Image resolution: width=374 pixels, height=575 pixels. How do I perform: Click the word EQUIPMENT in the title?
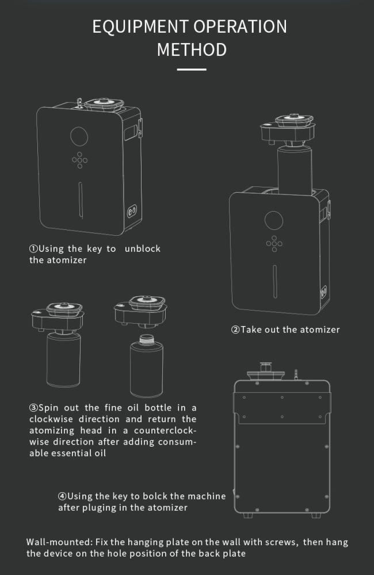coord(140,27)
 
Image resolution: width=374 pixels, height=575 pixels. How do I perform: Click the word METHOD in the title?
coord(192,50)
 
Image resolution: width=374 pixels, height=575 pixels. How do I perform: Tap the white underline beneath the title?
coord(192,70)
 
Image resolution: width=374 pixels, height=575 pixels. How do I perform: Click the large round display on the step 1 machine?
coord(79,136)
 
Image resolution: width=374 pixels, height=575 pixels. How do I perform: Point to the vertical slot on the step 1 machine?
coord(81,200)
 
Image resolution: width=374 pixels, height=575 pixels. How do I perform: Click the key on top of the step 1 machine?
coord(79,103)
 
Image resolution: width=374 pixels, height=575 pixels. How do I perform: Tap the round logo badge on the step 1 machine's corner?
coord(132,211)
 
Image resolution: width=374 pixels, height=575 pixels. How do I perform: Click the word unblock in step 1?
coord(142,248)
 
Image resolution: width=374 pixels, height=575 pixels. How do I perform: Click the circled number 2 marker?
coord(235,329)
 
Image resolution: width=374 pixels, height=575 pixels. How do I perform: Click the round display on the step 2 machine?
coord(274,220)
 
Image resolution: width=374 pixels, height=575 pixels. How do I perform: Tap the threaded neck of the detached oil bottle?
coord(147,339)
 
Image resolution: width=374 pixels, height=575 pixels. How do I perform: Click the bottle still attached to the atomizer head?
coord(63,359)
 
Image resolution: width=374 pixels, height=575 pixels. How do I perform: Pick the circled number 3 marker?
coord(33,408)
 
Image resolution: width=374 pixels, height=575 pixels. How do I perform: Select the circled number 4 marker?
coord(62,496)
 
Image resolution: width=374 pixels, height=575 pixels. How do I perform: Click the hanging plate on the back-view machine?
coord(282,407)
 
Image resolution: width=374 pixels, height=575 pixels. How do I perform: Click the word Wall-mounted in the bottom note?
coord(59,542)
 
